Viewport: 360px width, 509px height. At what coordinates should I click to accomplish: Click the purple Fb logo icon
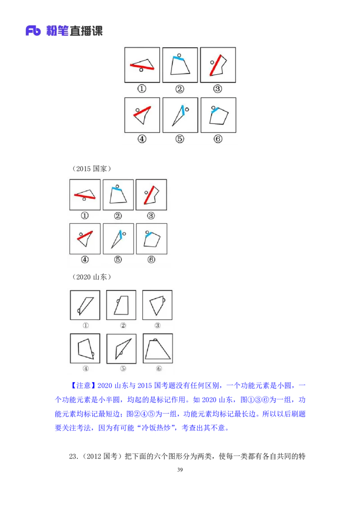tap(33, 31)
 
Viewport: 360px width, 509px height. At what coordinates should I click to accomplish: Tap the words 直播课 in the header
tap(86, 31)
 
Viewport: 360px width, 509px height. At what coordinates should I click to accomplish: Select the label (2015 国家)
tap(91, 169)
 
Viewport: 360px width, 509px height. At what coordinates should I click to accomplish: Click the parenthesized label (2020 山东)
tap(91, 277)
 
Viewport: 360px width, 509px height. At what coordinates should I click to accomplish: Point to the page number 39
tap(180, 470)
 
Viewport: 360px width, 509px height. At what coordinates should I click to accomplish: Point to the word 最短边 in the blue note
tap(112, 414)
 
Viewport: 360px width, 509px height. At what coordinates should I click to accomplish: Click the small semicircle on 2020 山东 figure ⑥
tap(156, 340)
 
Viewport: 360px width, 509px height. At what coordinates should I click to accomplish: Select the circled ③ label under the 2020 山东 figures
tap(157, 325)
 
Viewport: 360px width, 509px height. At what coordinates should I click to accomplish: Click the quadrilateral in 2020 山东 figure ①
tap(86, 306)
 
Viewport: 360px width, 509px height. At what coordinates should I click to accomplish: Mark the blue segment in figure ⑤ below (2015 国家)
tap(121, 234)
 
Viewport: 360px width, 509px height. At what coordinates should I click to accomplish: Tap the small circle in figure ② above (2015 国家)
tap(179, 55)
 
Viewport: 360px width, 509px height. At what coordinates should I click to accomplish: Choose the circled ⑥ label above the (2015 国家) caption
tap(218, 139)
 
